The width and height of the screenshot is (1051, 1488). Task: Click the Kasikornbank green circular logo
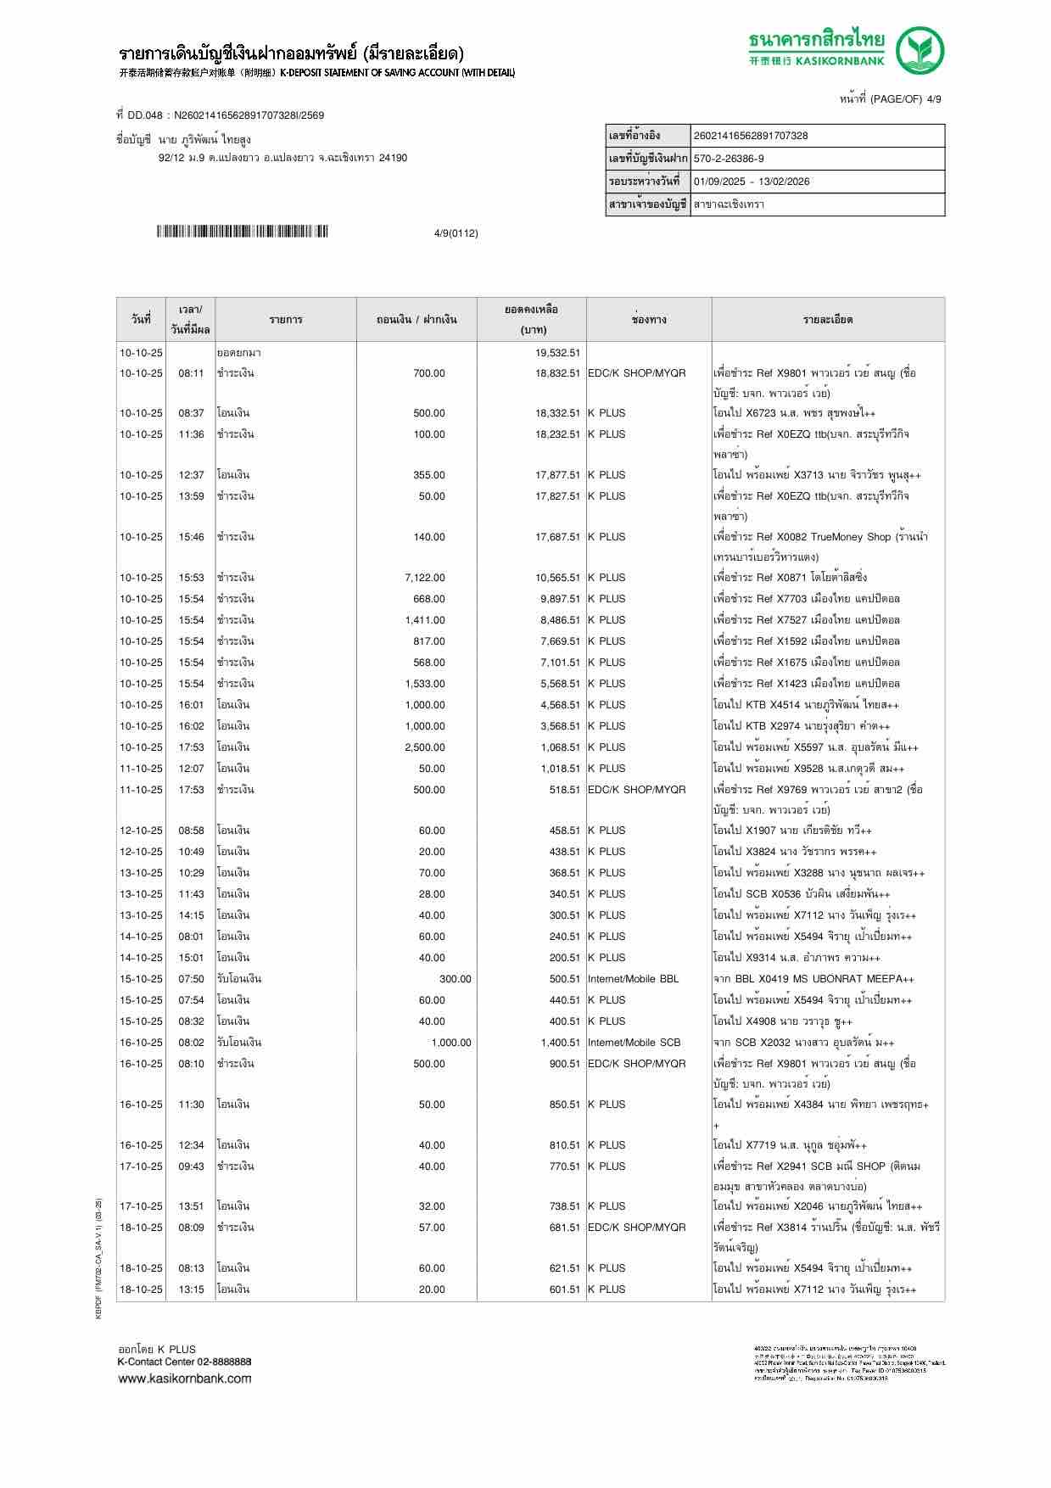pyautogui.click(x=921, y=50)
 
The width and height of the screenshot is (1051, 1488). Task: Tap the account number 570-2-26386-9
pyautogui.click(x=729, y=159)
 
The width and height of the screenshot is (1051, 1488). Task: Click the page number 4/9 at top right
pyautogui.click(x=933, y=99)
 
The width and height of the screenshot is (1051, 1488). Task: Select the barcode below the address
pyautogui.click(x=242, y=232)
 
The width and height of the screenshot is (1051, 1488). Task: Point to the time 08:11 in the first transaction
pyautogui.click(x=191, y=373)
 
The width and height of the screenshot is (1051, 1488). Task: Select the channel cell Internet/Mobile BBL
pyautogui.click(x=633, y=979)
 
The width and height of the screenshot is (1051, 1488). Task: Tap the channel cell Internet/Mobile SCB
pyautogui.click(x=634, y=1043)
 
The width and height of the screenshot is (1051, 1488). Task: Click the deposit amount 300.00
pyautogui.click(x=455, y=979)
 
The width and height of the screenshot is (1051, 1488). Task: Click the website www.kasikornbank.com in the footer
pyautogui.click(x=184, y=1379)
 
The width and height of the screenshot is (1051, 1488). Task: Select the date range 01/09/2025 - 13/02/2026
pyautogui.click(x=752, y=182)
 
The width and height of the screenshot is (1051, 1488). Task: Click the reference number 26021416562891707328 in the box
pyautogui.click(x=751, y=136)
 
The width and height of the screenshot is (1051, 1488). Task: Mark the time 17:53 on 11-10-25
pyautogui.click(x=191, y=790)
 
